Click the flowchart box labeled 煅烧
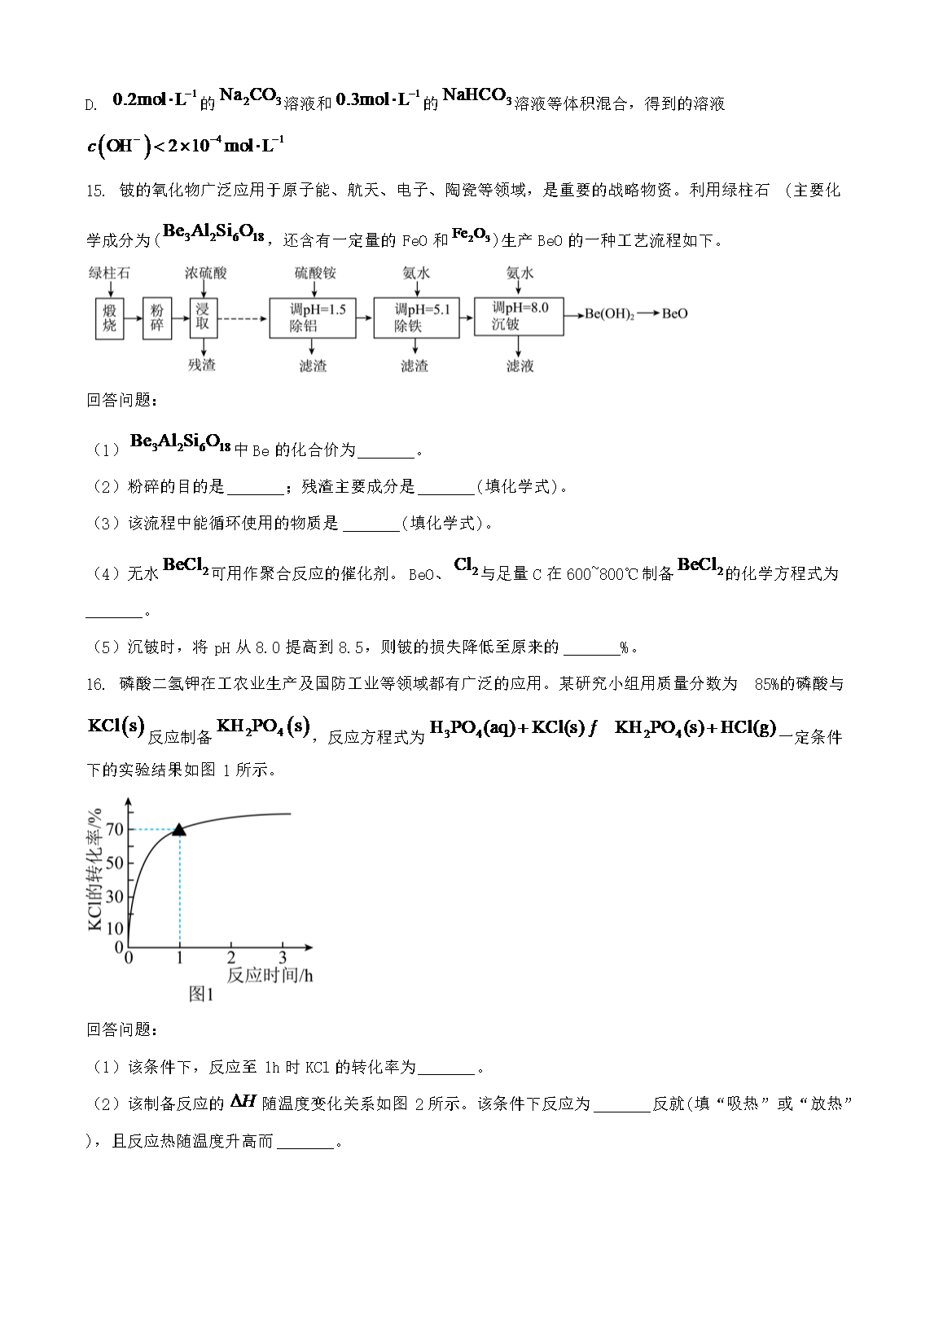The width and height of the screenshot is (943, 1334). [110, 318]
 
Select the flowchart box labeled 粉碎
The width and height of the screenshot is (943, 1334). [157, 318]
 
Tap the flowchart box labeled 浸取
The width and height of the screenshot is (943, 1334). [203, 317]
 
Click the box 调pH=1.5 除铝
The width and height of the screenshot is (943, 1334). [313, 318]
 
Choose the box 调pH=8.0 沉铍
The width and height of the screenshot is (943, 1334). [518, 316]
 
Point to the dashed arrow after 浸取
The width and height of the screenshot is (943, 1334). [242, 318]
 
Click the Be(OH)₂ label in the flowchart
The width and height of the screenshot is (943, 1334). [609, 314]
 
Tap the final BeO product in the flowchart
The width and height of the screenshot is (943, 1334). [674, 314]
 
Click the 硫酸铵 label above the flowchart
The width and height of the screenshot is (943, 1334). [315, 274]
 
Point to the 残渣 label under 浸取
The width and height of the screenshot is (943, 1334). [202, 365]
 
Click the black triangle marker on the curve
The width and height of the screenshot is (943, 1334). [179, 829]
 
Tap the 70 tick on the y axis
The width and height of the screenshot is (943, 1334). [115, 829]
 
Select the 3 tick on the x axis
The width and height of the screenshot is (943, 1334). [283, 958]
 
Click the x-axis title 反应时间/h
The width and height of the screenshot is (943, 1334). [270, 975]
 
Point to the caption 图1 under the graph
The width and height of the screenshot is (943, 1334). [201, 994]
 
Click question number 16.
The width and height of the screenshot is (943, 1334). [95, 684]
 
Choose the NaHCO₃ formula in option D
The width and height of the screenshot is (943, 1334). [476, 97]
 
